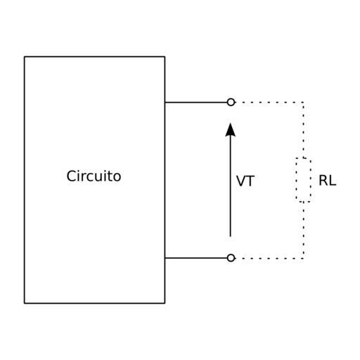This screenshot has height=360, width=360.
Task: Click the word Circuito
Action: click(94, 176)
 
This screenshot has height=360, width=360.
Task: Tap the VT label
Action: click(245, 181)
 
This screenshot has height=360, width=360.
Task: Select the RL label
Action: click(328, 181)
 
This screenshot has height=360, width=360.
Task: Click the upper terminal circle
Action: click(231, 102)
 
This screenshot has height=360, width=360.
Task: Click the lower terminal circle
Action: click(231, 258)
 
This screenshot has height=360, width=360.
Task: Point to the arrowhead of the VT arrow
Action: click(231, 129)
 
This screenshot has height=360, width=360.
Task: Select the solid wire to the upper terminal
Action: click(196, 103)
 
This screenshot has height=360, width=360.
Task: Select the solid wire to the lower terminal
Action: click(196, 258)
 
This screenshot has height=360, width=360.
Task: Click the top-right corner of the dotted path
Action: click(304, 103)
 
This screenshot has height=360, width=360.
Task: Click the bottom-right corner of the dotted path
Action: click(304, 258)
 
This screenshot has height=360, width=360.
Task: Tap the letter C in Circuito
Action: click(71, 176)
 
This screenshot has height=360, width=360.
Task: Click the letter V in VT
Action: click(241, 181)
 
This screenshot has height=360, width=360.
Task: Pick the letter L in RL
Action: click(333, 181)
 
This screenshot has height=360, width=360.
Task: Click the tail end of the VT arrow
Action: click(231, 237)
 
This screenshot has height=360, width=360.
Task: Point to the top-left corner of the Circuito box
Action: click(25, 57)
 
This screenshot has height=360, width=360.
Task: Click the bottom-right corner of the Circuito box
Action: click(165, 303)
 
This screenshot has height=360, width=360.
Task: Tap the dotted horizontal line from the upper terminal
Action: click(269, 103)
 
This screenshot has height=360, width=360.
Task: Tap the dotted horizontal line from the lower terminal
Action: click(269, 258)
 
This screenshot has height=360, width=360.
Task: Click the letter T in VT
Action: click(250, 181)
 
